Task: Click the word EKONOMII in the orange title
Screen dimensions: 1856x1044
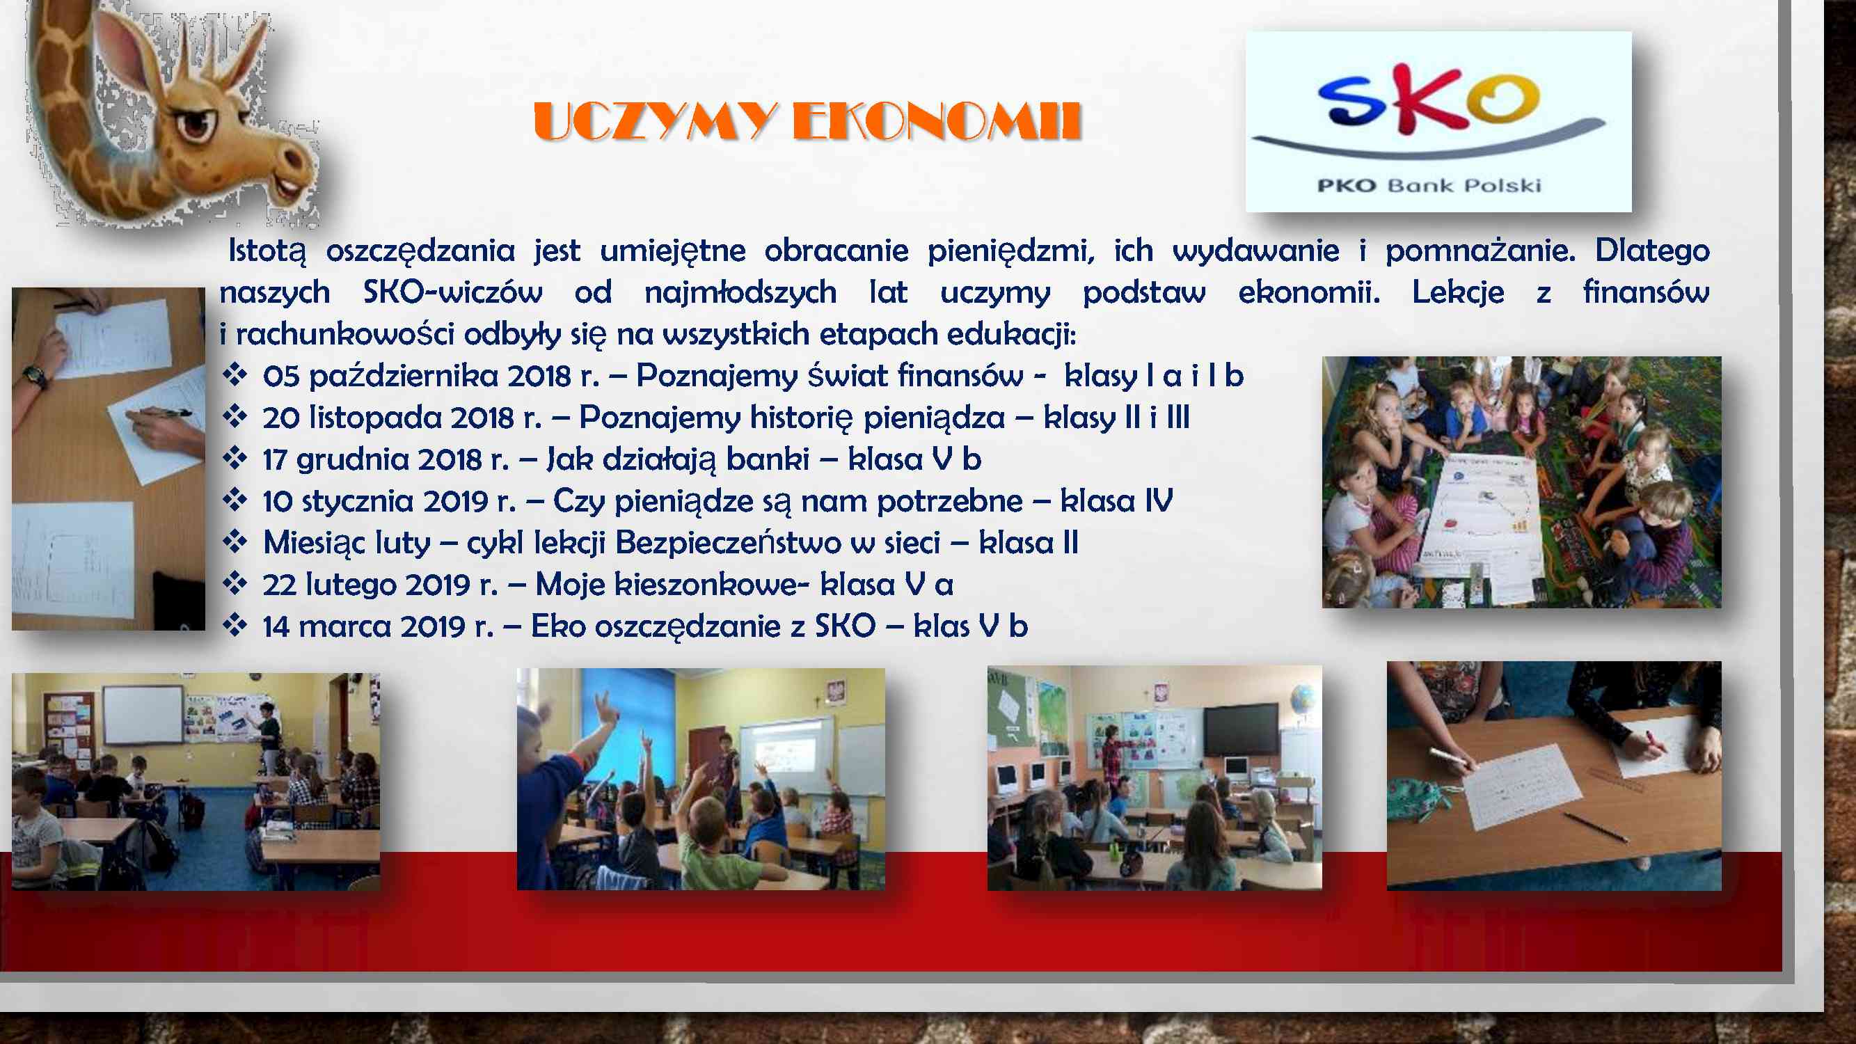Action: click(x=937, y=121)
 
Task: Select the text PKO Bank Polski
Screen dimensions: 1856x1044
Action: click(x=1429, y=185)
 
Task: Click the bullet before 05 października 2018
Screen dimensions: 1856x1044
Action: click(x=235, y=374)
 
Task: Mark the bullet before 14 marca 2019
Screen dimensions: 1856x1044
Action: click(x=235, y=625)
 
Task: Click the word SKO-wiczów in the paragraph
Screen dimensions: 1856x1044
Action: click(x=452, y=292)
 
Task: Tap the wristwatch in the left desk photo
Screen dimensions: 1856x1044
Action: click(x=34, y=376)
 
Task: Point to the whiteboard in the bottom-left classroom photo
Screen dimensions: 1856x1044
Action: click(x=143, y=715)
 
